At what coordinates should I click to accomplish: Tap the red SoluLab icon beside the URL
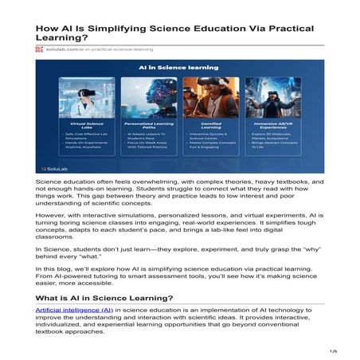point(38,49)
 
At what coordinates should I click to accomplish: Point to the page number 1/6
point(334,350)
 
